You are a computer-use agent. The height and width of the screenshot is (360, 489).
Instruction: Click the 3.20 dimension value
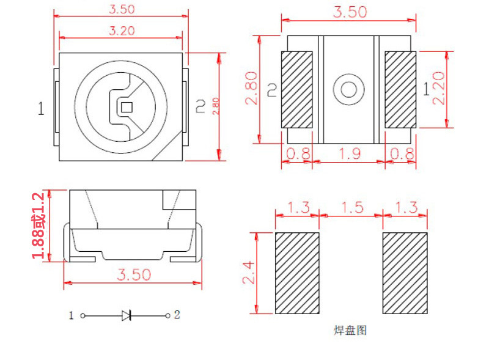[x=121, y=30]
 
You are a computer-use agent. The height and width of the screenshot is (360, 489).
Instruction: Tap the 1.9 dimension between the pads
[x=349, y=153]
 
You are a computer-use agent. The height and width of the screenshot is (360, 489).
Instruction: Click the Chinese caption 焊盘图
[x=350, y=331]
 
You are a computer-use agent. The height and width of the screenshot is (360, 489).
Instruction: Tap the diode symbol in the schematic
[x=127, y=315]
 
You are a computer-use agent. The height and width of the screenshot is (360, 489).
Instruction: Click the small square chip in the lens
[x=127, y=106]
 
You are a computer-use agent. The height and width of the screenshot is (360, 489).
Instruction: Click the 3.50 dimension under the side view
[x=133, y=274]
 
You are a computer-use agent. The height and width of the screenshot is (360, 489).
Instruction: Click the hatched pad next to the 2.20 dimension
[x=400, y=90]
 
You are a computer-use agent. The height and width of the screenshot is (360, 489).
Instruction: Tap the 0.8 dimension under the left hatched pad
[x=298, y=153]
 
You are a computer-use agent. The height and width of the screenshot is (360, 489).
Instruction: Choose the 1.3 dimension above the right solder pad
[x=404, y=207]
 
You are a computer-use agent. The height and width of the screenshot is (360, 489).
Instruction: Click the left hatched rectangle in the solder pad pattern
[x=297, y=273]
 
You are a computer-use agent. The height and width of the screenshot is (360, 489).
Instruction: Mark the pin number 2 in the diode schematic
[x=177, y=315]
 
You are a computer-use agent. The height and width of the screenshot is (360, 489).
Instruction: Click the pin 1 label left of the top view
[x=41, y=109]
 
